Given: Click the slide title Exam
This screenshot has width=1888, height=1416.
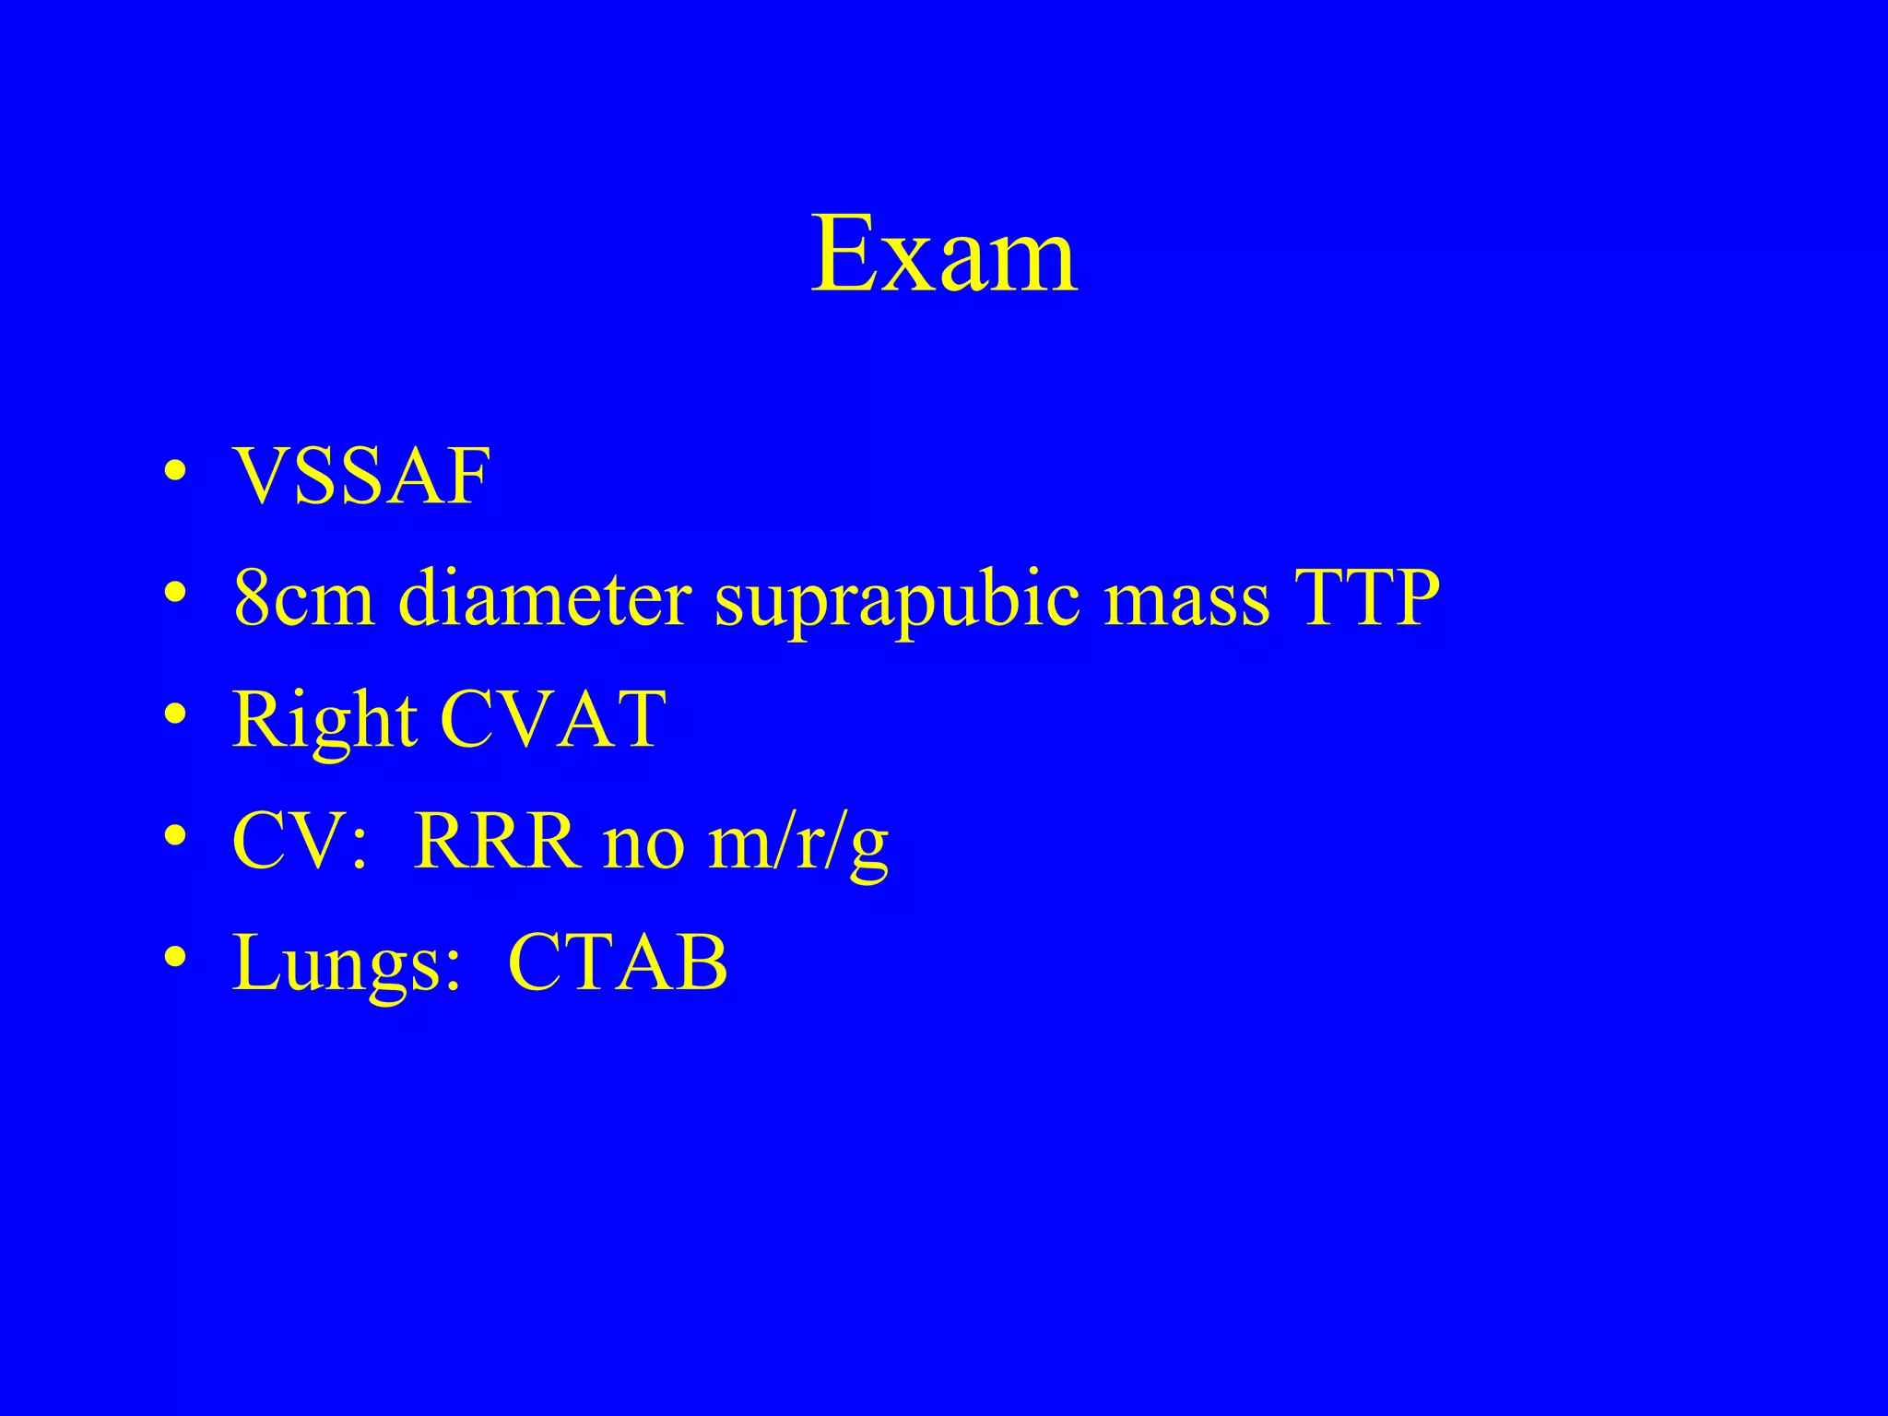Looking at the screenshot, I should click(x=944, y=254).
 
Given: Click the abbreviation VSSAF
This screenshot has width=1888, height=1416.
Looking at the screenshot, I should click(x=361, y=477).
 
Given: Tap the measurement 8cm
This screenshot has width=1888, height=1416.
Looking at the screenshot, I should click(x=304, y=598).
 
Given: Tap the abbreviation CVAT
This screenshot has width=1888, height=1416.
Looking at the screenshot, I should click(x=553, y=719).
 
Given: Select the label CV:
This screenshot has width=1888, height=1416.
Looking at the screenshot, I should click(x=300, y=841).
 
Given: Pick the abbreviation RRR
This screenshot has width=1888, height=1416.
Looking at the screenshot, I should click(x=497, y=841).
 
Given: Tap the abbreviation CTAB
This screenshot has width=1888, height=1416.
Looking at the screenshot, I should click(x=618, y=962).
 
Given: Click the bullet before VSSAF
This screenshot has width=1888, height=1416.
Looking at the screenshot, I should click(x=173, y=478).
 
